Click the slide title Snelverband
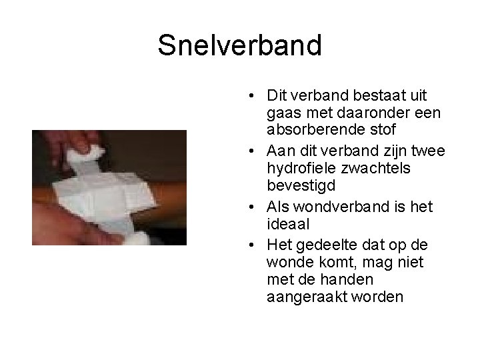tap(239, 45)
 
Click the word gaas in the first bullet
tap(281, 114)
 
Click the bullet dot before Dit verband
tap(247, 96)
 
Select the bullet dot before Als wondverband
tap(247, 207)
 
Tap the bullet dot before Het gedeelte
tap(247, 245)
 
